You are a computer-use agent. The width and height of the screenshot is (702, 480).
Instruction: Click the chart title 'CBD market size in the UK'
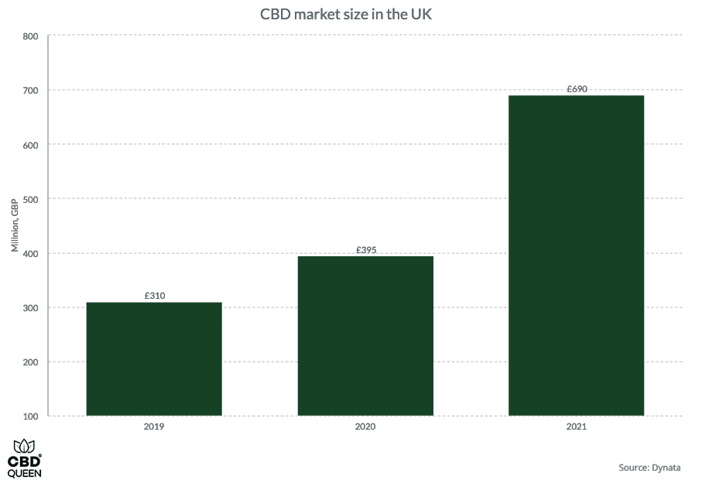point(351,14)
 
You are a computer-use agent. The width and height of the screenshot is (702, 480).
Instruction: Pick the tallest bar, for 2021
point(576,255)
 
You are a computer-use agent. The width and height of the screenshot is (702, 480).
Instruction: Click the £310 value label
point(154,296)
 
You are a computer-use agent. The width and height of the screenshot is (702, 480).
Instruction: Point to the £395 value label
point(365,250)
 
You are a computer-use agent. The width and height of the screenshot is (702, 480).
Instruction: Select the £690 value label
point(577,89)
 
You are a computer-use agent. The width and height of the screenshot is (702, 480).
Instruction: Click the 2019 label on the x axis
point(154,427)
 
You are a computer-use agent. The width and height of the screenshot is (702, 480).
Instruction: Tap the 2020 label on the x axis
point(365,427)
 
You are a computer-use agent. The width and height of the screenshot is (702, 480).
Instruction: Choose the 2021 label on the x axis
point(577,427)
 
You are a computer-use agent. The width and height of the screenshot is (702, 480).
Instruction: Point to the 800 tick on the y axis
point(30,36)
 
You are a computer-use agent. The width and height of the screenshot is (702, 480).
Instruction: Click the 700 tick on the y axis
point(30,91)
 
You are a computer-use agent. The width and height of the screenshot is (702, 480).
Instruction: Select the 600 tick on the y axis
point(30,145)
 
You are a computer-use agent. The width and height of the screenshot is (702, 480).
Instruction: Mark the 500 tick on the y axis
point(30,199)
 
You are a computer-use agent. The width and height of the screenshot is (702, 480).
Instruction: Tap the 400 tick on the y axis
point(30,254)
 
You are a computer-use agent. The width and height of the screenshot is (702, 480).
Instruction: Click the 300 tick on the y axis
point(30,308)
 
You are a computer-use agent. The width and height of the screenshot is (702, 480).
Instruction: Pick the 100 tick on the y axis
point(30,417)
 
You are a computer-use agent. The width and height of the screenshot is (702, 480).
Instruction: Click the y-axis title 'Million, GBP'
point(14,225)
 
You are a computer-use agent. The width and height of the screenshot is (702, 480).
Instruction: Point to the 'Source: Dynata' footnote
point(649,468)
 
